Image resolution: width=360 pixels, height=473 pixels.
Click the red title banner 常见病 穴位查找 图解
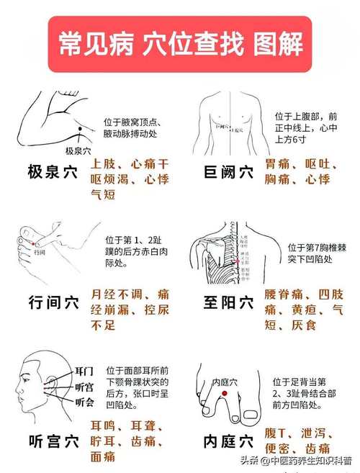180,45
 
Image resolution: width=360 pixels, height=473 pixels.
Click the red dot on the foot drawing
225,395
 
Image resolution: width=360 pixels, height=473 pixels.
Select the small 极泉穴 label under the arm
77,150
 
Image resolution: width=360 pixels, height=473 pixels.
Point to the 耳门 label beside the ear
84,371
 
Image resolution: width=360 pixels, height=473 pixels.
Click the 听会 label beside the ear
84,402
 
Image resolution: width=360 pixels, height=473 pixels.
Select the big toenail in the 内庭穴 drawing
252,415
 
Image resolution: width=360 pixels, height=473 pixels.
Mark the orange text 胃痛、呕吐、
298,164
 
